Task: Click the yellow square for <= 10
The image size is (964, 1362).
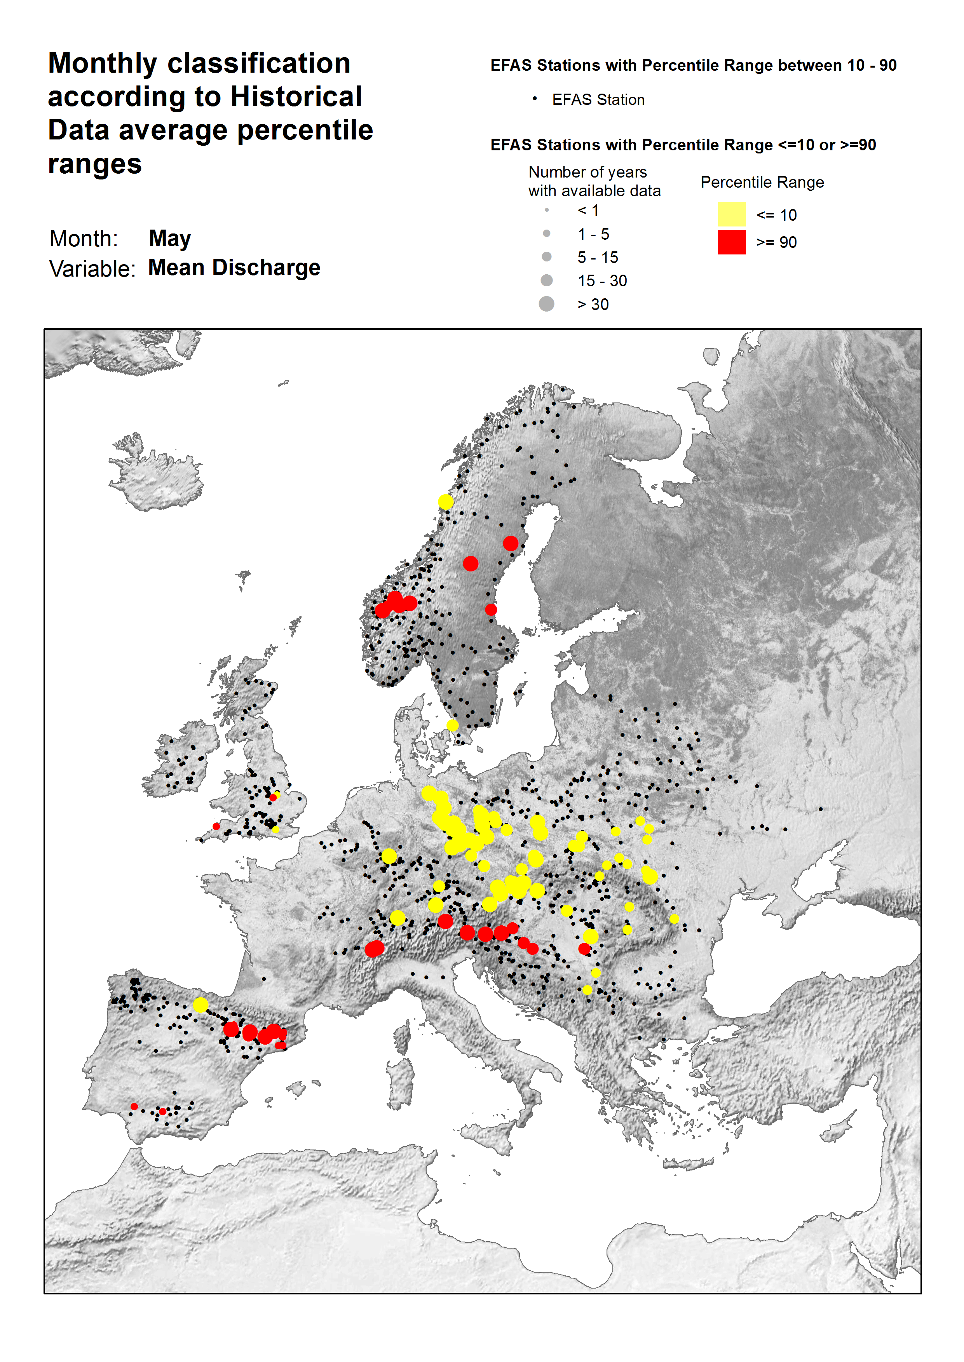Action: click(x=731, y=214)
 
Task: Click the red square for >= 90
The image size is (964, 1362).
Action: click(x=731, y=242)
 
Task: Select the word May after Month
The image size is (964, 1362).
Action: click(x=170, y=239)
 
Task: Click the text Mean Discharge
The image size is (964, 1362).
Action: click(x=234, y=268)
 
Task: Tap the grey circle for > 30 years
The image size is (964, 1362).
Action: click(x=546, y=304)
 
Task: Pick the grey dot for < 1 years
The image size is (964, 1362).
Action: click(x=546, y=210)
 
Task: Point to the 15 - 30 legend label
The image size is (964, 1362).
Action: click(x=602, y=281)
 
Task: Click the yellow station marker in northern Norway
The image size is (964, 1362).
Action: click(x=446, y=502)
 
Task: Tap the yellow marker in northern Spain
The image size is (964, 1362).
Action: click(x=200, y=1005)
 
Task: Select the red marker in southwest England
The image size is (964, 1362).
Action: click(x=216, y=826)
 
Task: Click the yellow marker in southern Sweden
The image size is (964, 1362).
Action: click(x=452, y=725)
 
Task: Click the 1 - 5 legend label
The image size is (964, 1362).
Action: click(x=593, y=234)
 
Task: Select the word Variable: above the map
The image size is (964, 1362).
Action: click(x=92, y=269)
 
